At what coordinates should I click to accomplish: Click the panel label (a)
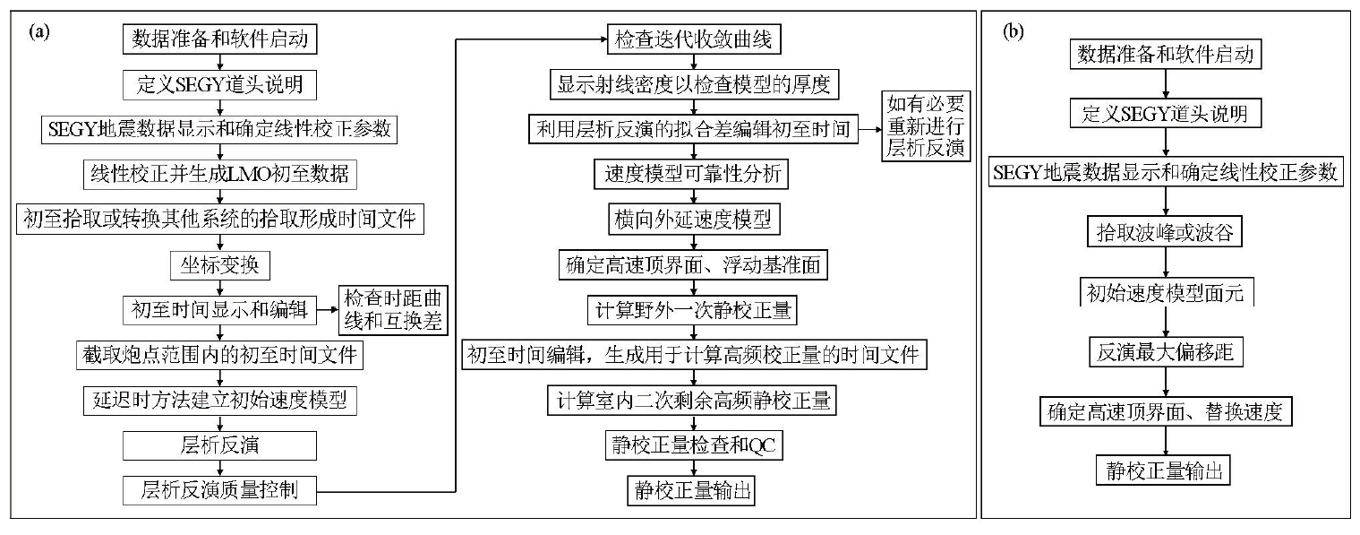[x=39, y=31]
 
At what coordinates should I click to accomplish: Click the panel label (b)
[x=1014, y=31]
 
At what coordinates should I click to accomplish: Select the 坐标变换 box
[x=219, y=265]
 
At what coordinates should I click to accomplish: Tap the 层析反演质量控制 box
[x=219, y=490]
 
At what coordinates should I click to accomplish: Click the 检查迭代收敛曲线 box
[x=693, y=39]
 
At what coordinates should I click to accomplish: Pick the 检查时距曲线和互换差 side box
[x=393, y=310]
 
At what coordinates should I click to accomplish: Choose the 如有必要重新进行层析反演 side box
[x=925, y=125]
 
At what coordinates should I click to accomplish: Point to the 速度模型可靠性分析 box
[x=693, y=175]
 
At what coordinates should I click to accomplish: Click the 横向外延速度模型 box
[x=693, y=220]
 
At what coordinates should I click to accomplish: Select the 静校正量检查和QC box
[x=693, y=445]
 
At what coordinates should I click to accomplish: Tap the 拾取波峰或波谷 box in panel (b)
[x=1165, y=231]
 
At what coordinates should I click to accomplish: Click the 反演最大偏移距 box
[x=1166, y=352]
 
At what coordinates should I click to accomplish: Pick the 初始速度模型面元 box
[x=1166, y=293]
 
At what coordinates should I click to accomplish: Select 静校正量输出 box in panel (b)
[x=1163, y=470]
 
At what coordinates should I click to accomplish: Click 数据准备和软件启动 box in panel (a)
[x=219, y=39]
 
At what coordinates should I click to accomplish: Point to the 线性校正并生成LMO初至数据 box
[x=219, y=175]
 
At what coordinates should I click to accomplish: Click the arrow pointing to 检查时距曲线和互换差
[x=328, y=309]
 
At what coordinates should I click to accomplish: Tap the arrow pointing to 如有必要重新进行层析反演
[x=870, y=129]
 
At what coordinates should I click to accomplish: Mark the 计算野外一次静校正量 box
[x=693, y=310]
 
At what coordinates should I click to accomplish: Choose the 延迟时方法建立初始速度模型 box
[x=219, y=400]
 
